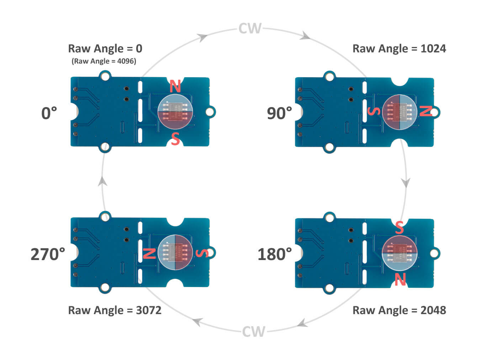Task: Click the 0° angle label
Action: (x=49, y=113)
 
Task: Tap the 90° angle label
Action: (x=279, y=113)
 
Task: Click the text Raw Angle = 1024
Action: (x=399, y=49)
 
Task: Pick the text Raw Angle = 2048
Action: (x=399, y=310)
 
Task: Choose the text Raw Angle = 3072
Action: (x=115, y=310)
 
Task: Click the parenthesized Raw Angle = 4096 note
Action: (x=104, y=61)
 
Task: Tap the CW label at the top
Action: (x=250, y=28)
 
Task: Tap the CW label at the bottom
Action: (x=254, y=332)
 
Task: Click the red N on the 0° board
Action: (x=175, y=86)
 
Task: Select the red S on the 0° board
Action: (x=175, y=139)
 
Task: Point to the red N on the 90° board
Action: (x=425, y=111)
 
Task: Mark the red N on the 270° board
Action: (x=149, y=253)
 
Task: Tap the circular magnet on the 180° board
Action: (x=399, y=253)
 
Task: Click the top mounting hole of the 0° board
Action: (x=105, y=76)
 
